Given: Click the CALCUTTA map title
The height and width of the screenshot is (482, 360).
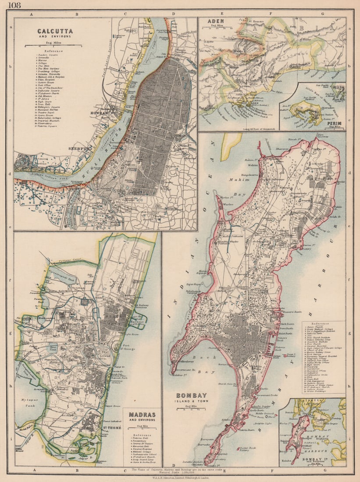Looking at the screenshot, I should pyautogui.click(x=55, y=31).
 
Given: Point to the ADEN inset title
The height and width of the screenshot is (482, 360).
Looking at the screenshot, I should pyautogui.click(x=217, y=21).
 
